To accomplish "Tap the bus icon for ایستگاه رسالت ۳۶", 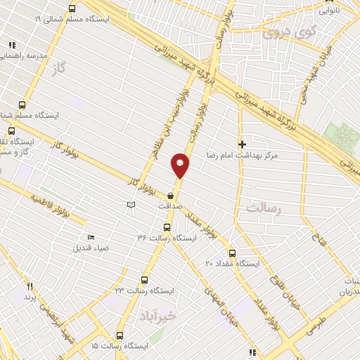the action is (167, 227).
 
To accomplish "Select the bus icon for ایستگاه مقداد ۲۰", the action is (233, 253).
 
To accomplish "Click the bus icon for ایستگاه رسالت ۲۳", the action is (145, 279).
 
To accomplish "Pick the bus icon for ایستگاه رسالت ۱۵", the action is (120, 336).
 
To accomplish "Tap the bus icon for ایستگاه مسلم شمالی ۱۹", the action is (72, 9).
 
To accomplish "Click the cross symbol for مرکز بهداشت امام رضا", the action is (243, 143).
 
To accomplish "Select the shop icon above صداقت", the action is (171, 196).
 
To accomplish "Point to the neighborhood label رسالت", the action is (264, 208).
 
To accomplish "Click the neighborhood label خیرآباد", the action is (155, 313).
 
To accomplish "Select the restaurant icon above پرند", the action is (30, 287).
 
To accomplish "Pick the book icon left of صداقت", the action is (129, 205).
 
